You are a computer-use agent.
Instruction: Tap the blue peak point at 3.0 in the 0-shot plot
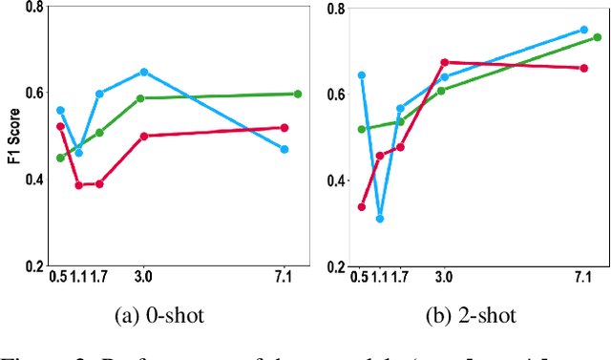point(144,72)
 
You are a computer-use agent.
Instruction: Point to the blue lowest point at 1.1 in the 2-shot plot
point(380,219)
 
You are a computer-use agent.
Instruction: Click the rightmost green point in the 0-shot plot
point(298,94)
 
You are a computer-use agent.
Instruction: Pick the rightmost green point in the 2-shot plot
point(598,37)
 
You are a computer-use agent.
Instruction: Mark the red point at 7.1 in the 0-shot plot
point(284,127)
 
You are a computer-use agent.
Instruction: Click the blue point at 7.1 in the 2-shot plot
point(584,30)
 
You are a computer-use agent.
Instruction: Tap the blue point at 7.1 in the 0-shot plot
point(284,149)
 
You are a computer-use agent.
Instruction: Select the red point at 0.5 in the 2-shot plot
point(362,206)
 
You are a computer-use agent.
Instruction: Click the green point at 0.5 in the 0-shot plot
point(60,158)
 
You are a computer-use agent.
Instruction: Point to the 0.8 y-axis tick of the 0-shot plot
point(33,8)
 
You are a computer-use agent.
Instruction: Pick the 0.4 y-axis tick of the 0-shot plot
point(33,180)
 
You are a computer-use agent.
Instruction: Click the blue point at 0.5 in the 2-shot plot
point(362,74)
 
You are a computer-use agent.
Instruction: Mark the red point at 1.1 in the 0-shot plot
point(79,184)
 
